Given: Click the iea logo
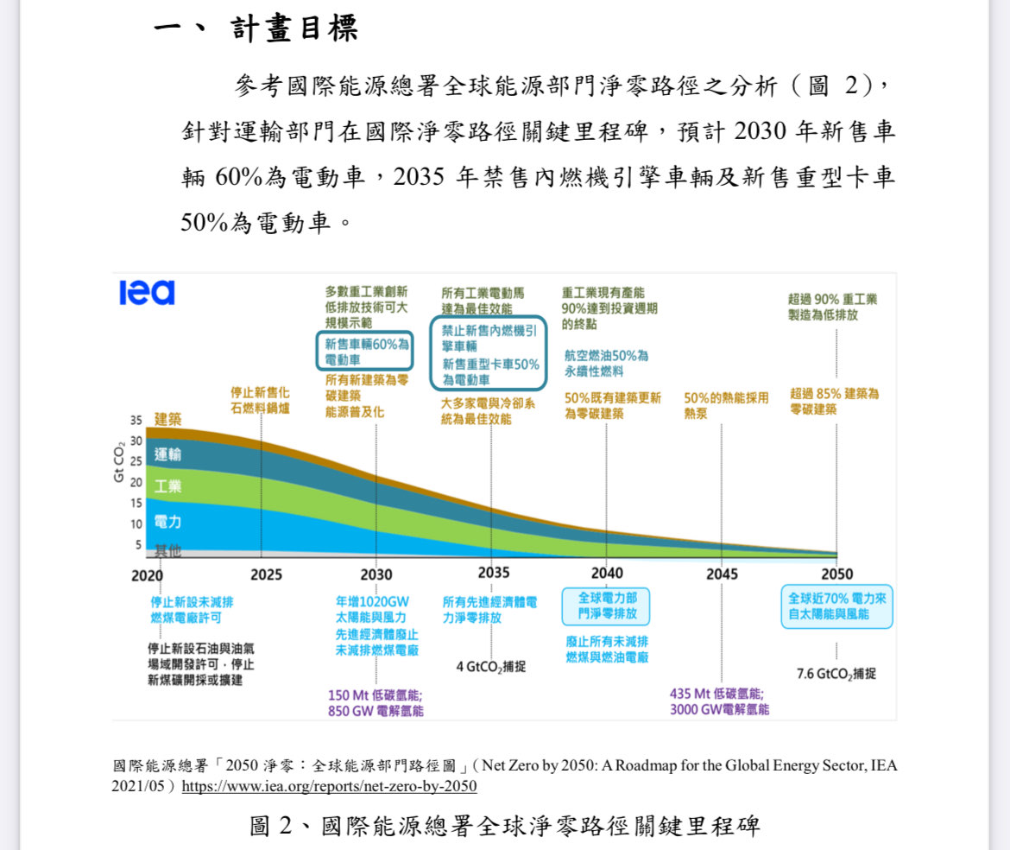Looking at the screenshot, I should pos(147,293).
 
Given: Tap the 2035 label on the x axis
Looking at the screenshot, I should pos(493,573).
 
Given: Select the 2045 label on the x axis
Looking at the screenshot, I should pos(722,574).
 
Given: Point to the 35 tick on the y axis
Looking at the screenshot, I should pos(136,421).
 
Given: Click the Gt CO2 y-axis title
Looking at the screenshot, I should pos(119,462).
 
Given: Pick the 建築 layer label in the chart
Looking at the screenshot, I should pos(168,419).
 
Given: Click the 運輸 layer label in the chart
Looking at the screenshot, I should pos(168,454).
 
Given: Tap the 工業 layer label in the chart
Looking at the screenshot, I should pos(168,486).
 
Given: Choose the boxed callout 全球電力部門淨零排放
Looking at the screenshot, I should pos(606,606).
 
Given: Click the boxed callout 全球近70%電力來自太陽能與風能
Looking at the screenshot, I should pos(836,606).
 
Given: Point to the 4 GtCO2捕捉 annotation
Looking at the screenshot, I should pos(490,666).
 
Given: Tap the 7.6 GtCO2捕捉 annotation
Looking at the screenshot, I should pos(836,673).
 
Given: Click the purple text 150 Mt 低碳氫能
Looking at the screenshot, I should pos(376,695).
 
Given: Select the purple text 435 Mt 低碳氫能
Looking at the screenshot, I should pos(716,694).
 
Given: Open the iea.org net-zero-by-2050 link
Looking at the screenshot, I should pos(329,786).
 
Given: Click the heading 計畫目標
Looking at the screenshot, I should pos(294,30).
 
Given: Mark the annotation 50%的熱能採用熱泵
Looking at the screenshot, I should pos(725,406).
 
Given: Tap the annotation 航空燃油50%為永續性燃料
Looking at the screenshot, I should pos(606,363).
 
